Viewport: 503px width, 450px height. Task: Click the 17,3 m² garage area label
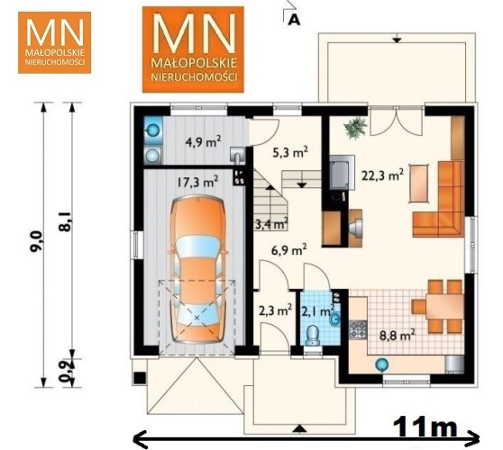tap(197, 182)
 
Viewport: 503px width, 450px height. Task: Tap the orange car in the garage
tap(197, 270)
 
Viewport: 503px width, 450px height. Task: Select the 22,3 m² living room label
tap(382, 175)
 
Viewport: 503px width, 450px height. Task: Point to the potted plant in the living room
tap(355, 128)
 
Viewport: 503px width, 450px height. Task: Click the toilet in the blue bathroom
tap(313, 335)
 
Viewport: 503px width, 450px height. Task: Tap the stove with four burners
tap(358, 329)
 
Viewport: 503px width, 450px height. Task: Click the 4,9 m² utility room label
tap(204, 141)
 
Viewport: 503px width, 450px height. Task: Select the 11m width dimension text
tap(425, 426)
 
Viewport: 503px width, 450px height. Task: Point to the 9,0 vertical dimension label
tap(36, 242)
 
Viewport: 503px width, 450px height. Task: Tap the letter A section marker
tap(294, 20)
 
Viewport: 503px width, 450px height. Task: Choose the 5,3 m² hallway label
tap(290, 152)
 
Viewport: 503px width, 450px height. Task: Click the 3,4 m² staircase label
tap(271, 223)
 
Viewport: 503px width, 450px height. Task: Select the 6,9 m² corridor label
tap(288, 250)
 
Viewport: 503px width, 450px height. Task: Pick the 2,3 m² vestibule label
tap(275, 310)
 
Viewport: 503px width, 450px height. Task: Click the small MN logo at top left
tap(54, 42)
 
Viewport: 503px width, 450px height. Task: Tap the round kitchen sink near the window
tap(382, 364)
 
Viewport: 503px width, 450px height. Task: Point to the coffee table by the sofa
tap(419, 183)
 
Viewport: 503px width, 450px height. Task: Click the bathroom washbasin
tap(334, 319)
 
